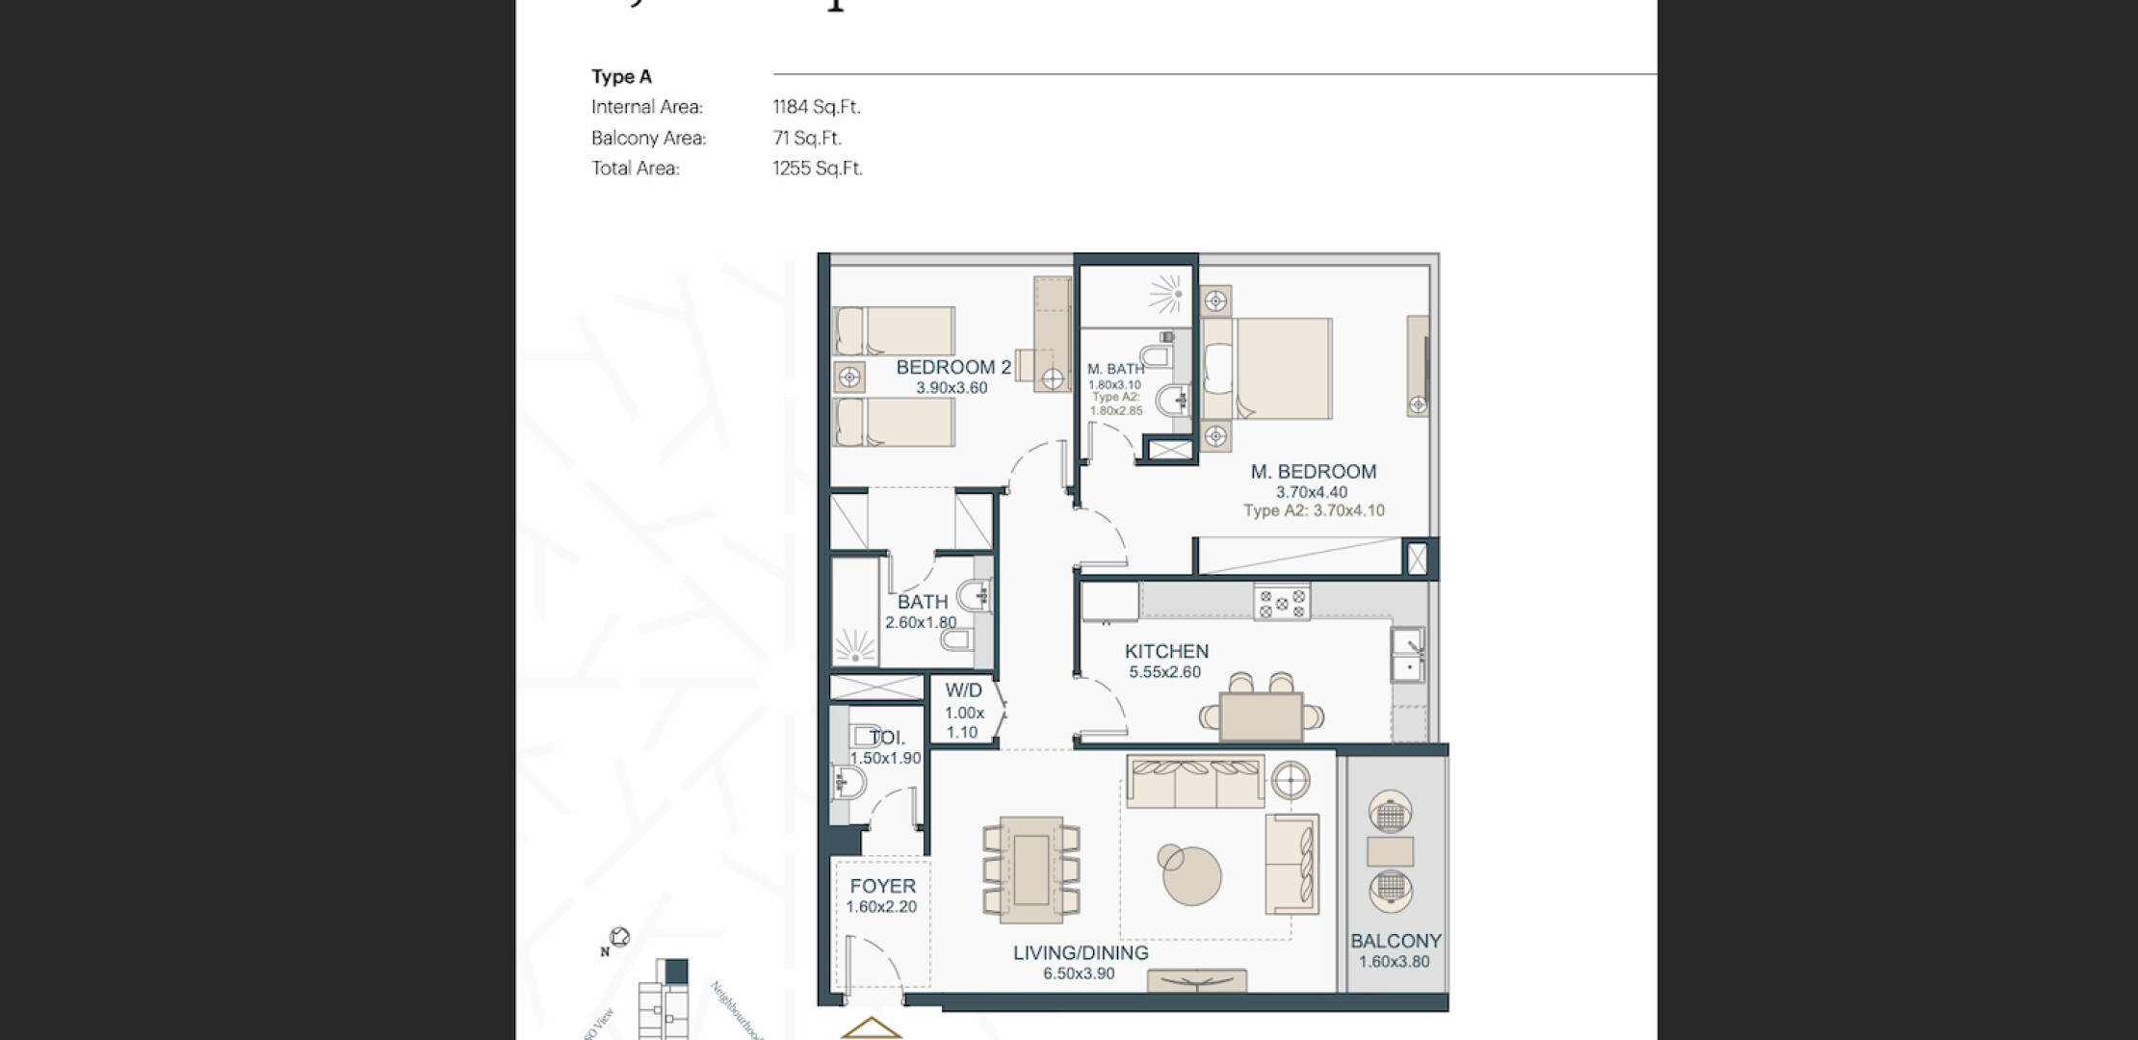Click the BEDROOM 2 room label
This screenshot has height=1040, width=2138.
tap(953, 367)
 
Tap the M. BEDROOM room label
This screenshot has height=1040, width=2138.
tap(1313, 472)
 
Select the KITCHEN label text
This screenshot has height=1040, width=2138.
tap(1166, 652)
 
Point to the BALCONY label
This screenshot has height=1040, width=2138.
tap(1395, 942)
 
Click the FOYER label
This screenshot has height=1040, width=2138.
tap(882, 886)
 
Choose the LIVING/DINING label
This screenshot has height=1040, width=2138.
tap(1081, 953)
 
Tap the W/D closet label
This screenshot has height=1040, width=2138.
tap(963, 690)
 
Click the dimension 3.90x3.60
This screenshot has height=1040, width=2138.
tap(952, 388)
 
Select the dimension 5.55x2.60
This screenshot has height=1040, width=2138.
tap(1165, 672)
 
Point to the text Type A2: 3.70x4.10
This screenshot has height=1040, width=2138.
tap(1314, 511)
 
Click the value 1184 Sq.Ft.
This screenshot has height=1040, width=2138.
tap(817, 107)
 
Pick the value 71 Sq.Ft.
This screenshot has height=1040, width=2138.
tap(807, 138)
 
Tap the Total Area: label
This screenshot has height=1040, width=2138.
tap(636, 169)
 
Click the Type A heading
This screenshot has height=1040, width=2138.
tap(621, 77)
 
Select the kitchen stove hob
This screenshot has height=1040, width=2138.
tap(1282, 603)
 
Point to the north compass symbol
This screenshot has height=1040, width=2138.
tap(619, 937)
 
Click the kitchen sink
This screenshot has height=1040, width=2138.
tap(1408, 654)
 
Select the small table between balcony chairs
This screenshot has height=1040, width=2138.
tap(1390, 852)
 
